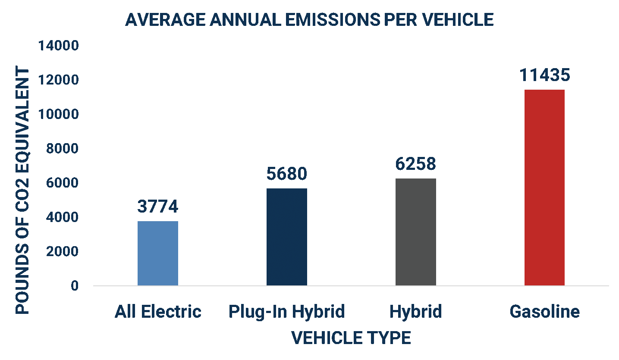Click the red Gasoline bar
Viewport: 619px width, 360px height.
tap(544, 188)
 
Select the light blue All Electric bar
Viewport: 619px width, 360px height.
tap(158, 254)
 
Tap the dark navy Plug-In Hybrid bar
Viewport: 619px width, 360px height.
tap(287, 237)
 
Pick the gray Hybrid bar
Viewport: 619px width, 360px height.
tap(416, 232)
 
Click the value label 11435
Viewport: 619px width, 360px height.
tap(544, 75)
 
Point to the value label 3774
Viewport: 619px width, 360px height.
tap(158, 206)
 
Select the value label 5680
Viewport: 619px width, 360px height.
tap(287, 173)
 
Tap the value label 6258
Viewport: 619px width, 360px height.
tap(416, 163)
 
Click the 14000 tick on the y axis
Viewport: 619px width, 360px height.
tap(59, 46)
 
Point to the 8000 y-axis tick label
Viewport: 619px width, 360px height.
tap(62, 149)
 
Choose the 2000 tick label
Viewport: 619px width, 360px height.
tap(62, 251)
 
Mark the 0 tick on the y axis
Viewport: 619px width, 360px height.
tap(75, 286)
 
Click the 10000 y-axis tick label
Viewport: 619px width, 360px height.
tap(59, 114)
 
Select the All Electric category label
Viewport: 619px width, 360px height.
tap(158, 311)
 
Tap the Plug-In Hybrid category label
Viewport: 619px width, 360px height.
tap(287, 311)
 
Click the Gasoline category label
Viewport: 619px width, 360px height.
tap(544, 311)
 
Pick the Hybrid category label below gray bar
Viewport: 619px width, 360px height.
tap(416, 311)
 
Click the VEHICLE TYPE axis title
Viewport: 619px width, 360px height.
tap(351, 338)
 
